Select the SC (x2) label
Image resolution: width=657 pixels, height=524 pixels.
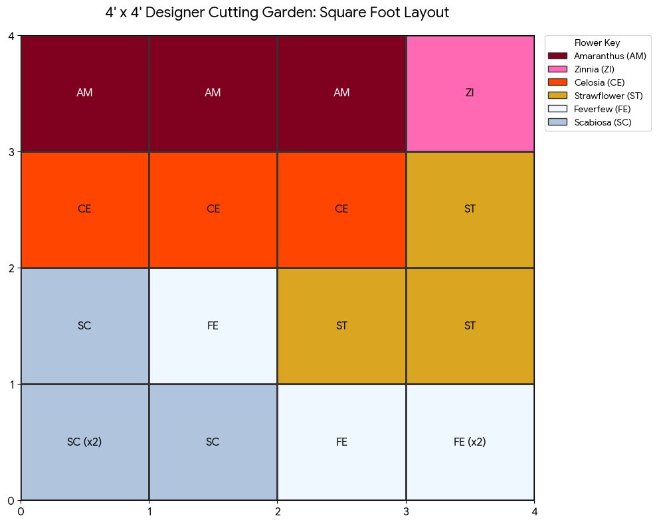click(x=84, y=442)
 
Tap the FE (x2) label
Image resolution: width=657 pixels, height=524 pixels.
click(x=470, y=442)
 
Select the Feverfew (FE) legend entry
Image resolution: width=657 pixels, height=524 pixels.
click(x=602, y=109)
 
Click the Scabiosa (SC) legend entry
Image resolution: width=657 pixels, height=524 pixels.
click(x=603, y=122)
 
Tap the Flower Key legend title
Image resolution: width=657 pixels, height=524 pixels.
click(x=597, y=43)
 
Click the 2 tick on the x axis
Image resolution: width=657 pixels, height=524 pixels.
click(x=278, y=511)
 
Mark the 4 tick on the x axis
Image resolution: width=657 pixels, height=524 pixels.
click(x=534, y=511)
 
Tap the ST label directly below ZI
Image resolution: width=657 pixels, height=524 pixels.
click(x=470, y=209)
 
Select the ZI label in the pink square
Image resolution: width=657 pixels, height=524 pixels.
click(x=470, y=93)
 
